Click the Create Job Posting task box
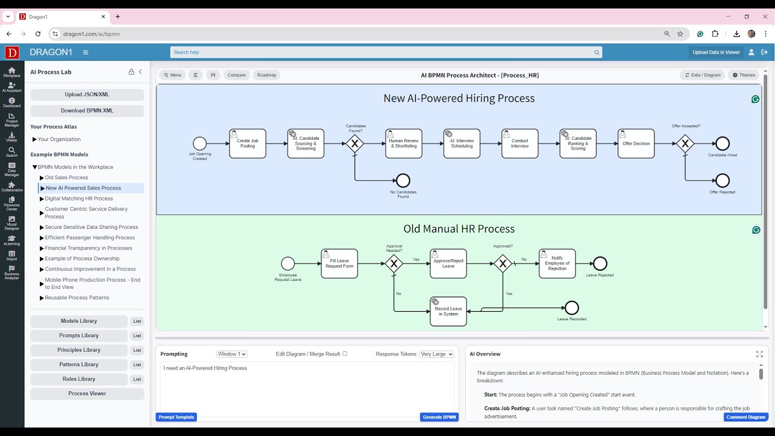[x=248, y=144]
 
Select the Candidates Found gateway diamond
[x=355, y=144]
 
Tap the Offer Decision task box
[x=636, y=144]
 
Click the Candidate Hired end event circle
[x=722, y=144]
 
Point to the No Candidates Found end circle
[x=403, y=180]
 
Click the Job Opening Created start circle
[x=200, y=144]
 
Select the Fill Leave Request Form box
[x=339, y=263]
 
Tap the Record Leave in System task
[x=448, y=311]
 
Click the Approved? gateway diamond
[x=503, y=263]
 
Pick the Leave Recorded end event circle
[x=572, y=308]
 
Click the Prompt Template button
[x=176, y=417]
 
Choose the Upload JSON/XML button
[x=87, y=94]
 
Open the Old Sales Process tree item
[x=67, y=177]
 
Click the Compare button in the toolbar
[x=237, y=75]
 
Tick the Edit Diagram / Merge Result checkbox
[x=345, y=354]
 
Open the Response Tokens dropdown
[x=437, y=354]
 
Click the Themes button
[x=744, y=75]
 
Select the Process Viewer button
[x=87, y=394]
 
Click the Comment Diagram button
[x=746, y=417]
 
